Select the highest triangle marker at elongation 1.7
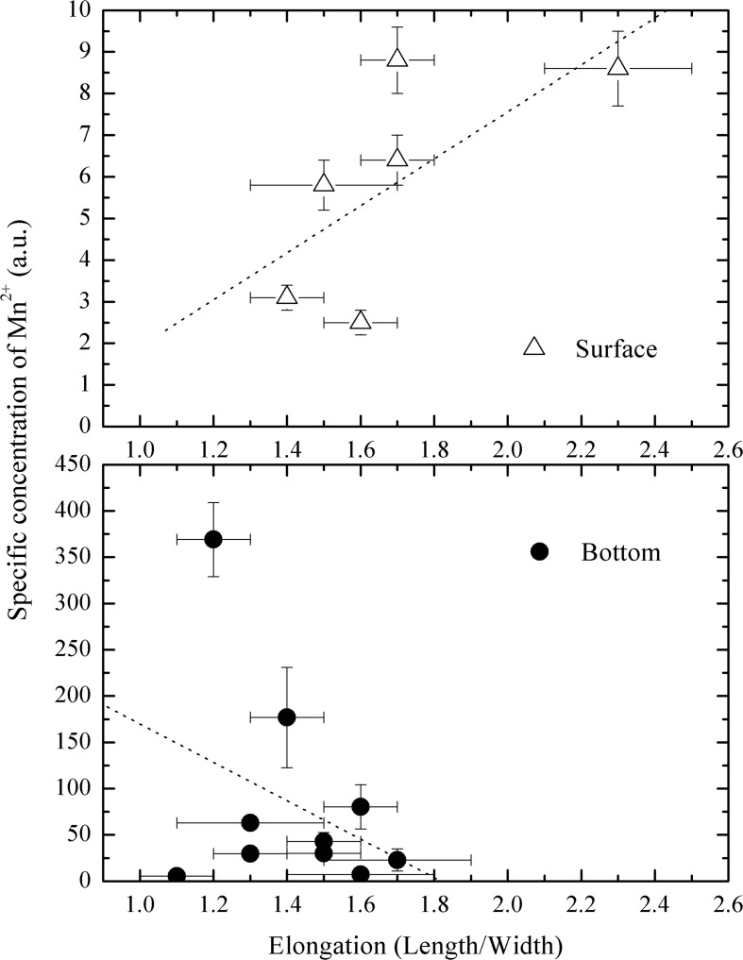pos(397,59)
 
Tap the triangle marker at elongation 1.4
pos(287,296)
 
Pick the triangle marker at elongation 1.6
pos(361,321)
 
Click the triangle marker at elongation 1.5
pos(324,183)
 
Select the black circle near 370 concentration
pos(213,539)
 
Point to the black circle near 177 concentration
pos(287,717)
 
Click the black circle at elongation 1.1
pos(177,876)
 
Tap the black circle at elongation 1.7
pos(397,860)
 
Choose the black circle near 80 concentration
pos(361,806)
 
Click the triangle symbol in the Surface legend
pos(534,347)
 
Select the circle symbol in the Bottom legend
pos(540,552)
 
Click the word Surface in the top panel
pos(616,348)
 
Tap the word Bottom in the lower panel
pos(620,553)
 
